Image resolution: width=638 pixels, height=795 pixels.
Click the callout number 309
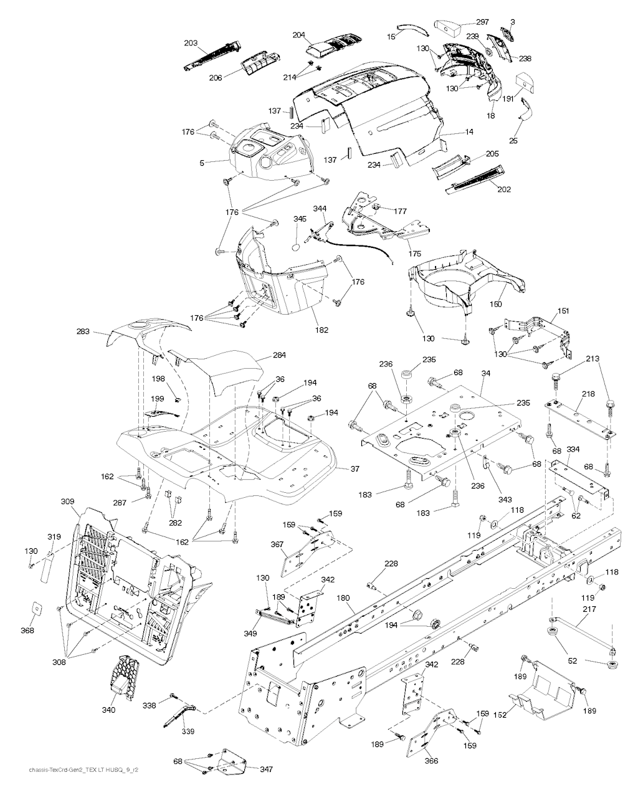(x=67, y=501)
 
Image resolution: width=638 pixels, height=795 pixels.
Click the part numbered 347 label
(x=266, y=769)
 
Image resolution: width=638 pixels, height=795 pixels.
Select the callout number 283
(x=101, y=333)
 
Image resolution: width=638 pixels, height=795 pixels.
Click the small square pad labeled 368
(x=36, y=609)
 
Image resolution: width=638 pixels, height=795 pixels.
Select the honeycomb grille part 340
(x=125, y=677)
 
